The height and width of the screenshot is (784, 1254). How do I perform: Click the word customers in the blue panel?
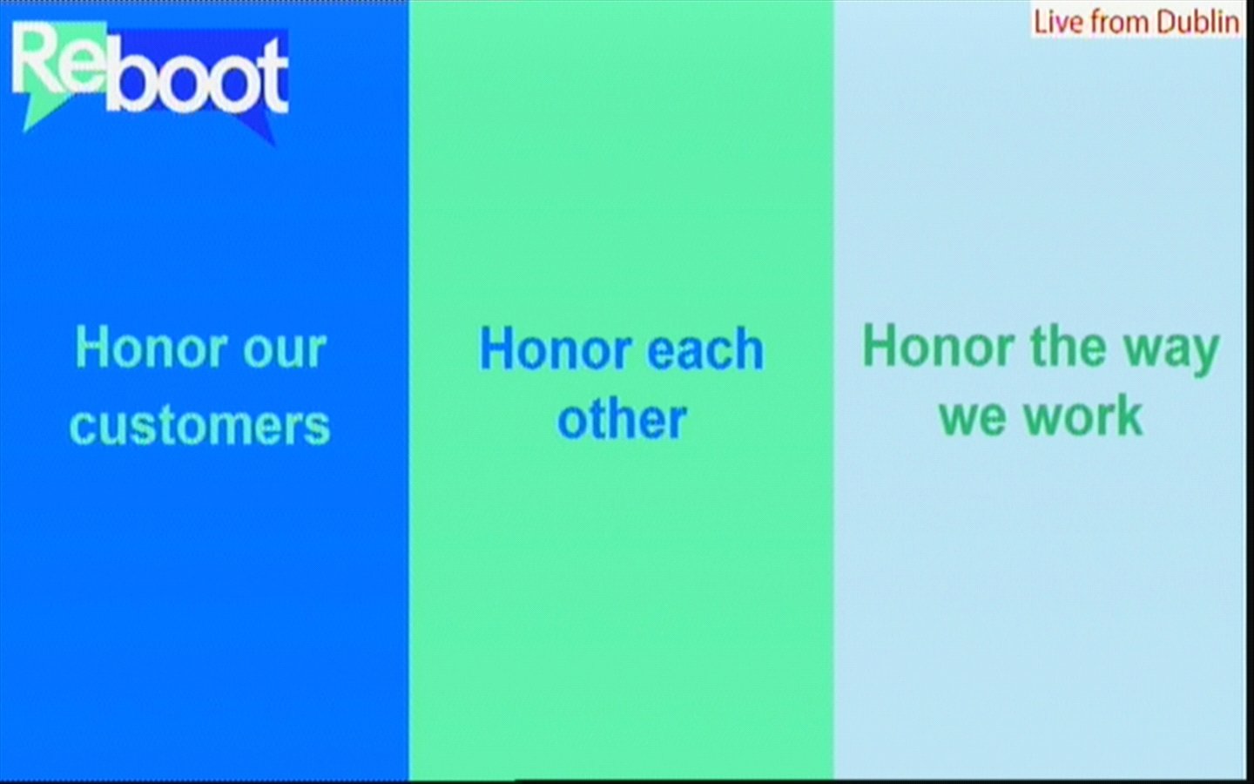(200, 427)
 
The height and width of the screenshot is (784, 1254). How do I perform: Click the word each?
(705, 349)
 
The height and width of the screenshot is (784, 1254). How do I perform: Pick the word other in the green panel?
(622, 419)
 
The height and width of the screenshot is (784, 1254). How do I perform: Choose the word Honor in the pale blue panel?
(939, 346)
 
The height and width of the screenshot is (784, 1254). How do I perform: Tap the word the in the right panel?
(1069, 346)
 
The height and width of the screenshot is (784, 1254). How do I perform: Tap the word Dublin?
(1197, 23)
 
